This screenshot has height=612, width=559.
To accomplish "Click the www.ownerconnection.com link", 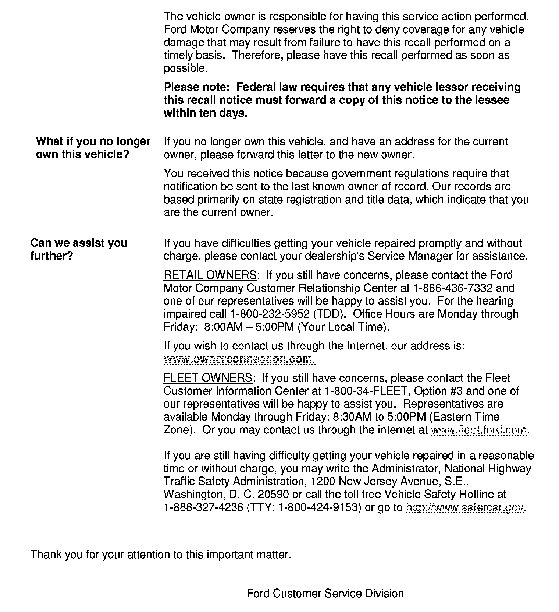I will [239, 359].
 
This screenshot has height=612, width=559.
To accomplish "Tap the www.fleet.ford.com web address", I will [479, 430].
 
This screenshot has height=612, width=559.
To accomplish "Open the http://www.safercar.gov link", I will [464, 507].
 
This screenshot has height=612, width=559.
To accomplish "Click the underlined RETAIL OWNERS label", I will [210, 275].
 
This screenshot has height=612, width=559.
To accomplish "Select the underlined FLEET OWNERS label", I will [208, 378].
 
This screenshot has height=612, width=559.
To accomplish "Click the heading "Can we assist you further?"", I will [79, 249].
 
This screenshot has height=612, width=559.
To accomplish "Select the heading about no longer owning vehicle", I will [93, 148].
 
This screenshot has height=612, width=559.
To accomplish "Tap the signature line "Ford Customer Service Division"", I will [325, 594].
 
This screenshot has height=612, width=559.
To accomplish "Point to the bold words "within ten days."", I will [206, 113].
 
